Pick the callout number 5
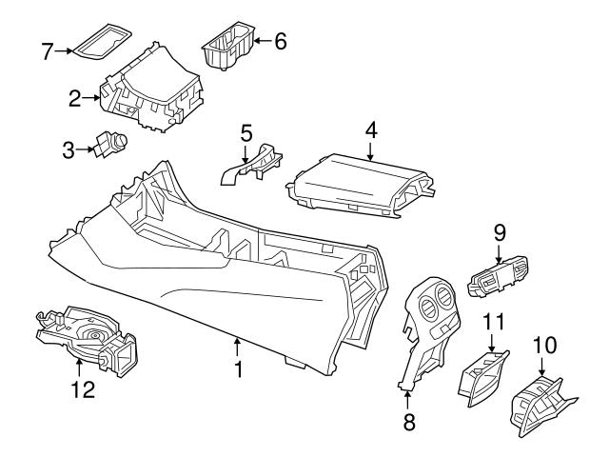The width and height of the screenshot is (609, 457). point(246,132)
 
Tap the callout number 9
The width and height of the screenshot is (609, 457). point(500,231)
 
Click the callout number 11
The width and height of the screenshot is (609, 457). point(492,323)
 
